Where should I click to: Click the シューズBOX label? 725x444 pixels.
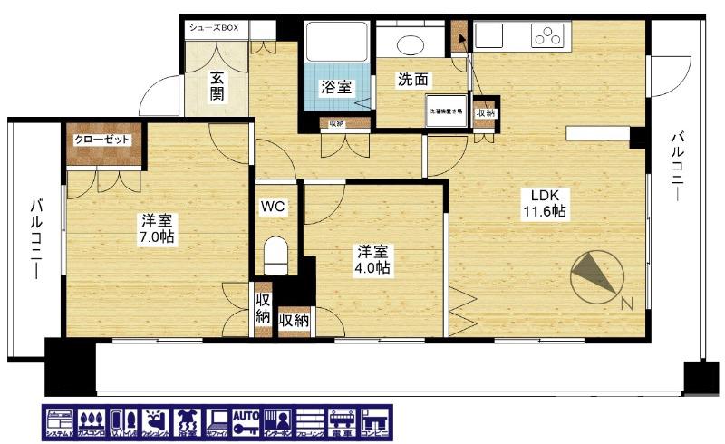point(214,28)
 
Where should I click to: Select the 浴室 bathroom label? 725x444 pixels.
point(336,87)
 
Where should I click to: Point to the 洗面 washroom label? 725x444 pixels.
point(412,79)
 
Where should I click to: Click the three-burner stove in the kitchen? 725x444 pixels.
point(549,35)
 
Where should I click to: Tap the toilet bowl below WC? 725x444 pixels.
point(275,254)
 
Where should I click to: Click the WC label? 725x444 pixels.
point(274,207)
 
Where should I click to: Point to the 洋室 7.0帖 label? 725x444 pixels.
point(157,228)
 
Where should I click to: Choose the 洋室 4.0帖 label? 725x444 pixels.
point(372,258)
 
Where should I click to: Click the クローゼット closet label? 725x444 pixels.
point(104,140)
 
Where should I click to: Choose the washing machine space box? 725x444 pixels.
point(446,111)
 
